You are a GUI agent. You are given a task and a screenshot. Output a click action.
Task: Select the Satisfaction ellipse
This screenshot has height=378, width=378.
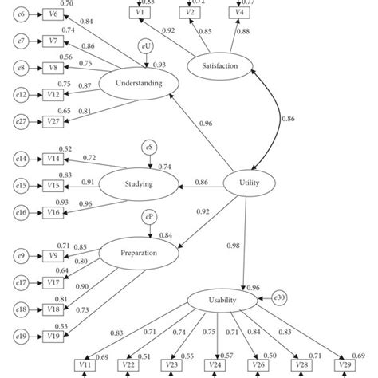pos(221,66)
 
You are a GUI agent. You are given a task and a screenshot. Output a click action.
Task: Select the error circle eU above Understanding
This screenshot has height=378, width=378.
pos(145,48)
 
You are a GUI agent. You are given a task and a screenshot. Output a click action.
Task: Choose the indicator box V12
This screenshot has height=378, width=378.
pos(53,95)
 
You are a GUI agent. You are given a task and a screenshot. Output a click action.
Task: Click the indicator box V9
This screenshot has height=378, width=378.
pos(53,255)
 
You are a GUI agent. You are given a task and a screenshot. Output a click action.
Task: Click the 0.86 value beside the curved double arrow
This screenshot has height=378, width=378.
pos(286,119)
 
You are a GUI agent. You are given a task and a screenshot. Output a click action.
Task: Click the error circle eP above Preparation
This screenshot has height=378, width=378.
pos(149,218)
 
